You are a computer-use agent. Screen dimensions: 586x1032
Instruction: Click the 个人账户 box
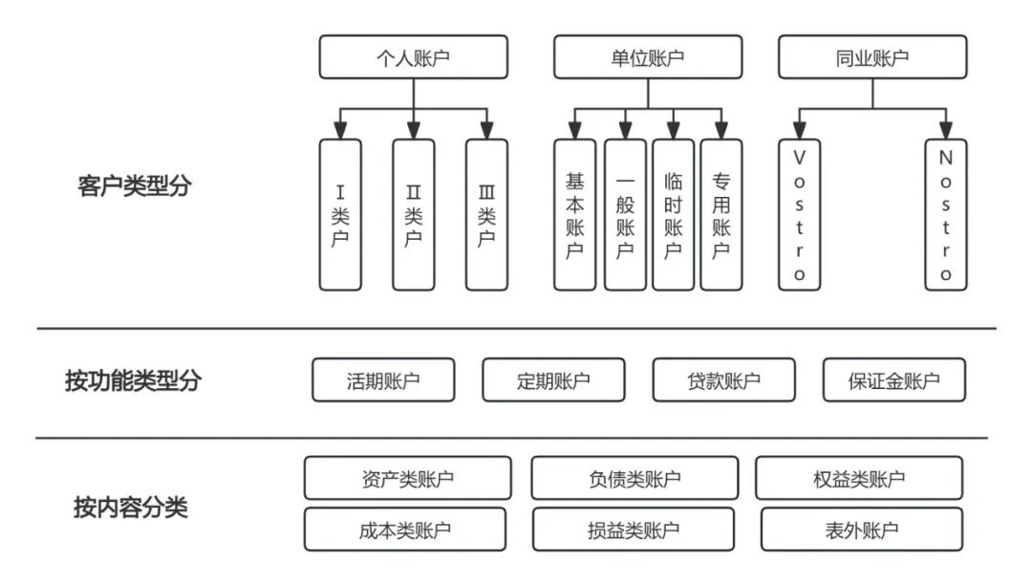(413, 58)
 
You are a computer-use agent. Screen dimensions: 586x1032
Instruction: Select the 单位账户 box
(648, 58)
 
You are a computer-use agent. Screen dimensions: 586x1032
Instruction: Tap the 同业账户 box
(871, 58)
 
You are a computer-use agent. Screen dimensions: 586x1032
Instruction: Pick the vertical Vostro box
(799, 214)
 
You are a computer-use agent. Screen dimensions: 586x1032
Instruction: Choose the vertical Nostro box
(945, 214)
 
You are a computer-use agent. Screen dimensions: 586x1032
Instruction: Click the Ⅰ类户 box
(340, 214)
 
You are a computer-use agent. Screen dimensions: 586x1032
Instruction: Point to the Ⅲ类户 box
(486, 214)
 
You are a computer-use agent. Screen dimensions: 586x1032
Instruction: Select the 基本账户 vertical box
(575, 214)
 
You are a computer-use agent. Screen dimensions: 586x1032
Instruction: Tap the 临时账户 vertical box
(673, 214)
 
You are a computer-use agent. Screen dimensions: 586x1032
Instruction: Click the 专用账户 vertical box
(721, 214)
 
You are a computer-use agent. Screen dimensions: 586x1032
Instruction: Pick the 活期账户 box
(383, 380)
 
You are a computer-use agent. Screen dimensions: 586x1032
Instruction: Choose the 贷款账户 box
(723, 380)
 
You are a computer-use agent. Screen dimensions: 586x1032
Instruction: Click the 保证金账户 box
(893, 380)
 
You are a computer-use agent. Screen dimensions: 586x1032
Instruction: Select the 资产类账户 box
(406, 478)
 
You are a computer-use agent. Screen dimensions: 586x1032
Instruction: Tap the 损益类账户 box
(634, 530)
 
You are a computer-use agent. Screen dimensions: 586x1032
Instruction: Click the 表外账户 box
(862, 530)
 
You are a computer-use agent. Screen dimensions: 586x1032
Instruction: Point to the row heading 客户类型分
(133, 186)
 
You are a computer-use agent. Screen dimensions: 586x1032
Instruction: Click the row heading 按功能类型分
(133, 380)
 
